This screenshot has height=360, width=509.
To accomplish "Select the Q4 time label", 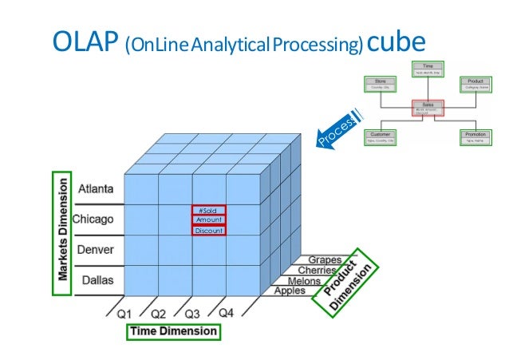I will point(226,312).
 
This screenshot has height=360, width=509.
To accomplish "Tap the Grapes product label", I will point(326,260).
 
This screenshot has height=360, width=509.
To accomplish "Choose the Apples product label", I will point(290,291).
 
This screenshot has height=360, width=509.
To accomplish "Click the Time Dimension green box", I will point(174,330).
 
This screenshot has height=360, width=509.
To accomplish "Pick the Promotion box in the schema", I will point(475,137).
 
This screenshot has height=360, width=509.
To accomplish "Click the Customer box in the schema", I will point(381,137).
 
